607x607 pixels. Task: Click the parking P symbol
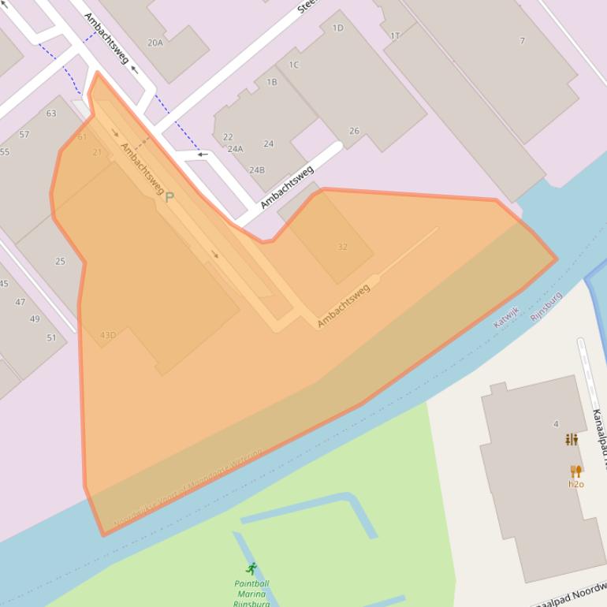click(169, 197)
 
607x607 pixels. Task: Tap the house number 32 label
click(342, 247)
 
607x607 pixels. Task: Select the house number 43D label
click(108, 335)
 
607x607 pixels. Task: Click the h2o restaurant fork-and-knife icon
click(575, 471)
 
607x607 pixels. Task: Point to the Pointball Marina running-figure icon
click(251, 569)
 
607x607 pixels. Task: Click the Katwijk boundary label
click(507, 317)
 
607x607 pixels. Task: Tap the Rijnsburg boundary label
click(546, 306)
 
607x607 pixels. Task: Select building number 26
click(354, 131)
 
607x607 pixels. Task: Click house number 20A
click(155, 43)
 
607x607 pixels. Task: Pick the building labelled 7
click(522, 40)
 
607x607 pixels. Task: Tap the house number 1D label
click(337, 28)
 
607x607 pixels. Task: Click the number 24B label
click(257, 169)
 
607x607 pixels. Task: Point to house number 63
click(51, 114)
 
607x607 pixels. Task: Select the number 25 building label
click(60, 262)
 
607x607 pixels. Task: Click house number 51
click(51, 338)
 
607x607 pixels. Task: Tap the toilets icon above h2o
click(572, 439)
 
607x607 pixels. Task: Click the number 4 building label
click(556, 424)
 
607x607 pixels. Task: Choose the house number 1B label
click(272, 82)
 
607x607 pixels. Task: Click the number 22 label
click(228, 137)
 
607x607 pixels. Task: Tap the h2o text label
click(576, 484)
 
